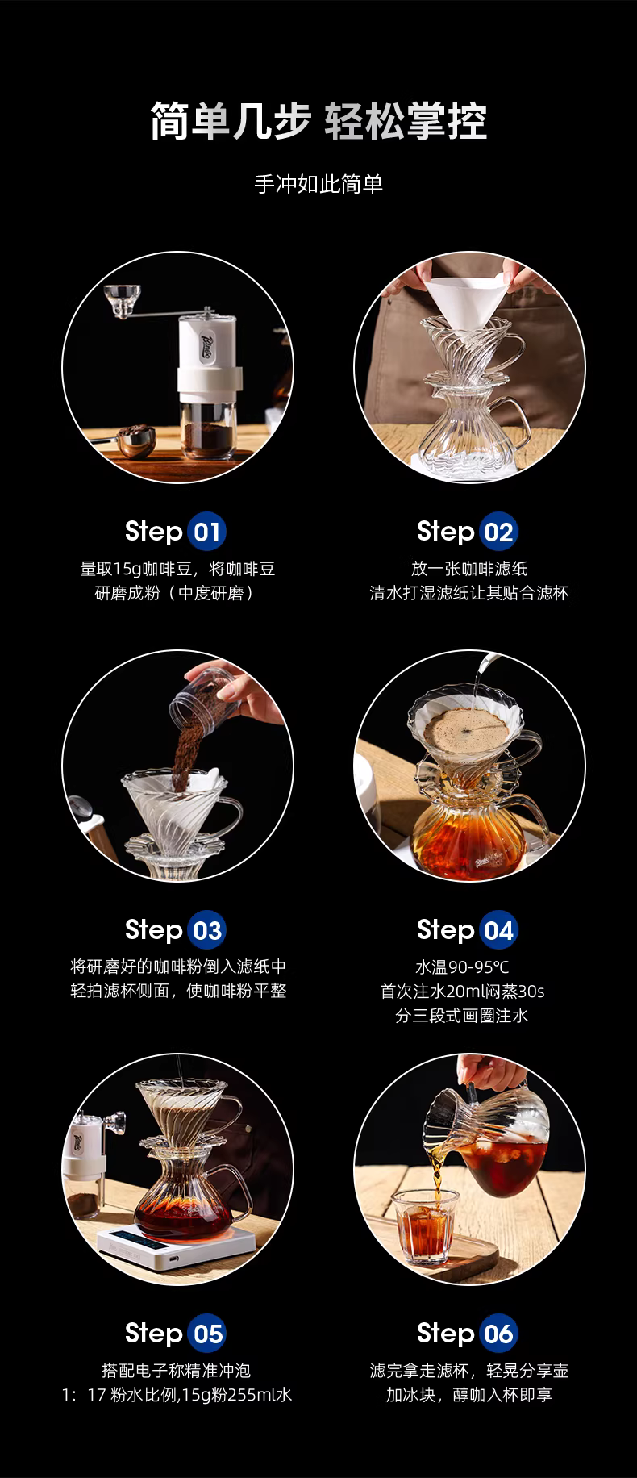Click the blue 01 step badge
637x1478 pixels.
[207, 532]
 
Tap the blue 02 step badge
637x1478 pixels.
[498, 532]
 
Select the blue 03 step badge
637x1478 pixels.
[207, 931]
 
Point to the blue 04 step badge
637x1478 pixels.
[498, 931]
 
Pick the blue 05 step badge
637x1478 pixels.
[207, 1334]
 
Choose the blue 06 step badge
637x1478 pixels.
[498, 1334]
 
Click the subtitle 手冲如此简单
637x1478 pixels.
[318, 184]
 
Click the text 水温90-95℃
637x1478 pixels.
[462, 967]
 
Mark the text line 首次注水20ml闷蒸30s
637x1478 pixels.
[462, 991]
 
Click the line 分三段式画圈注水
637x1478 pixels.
[462, 1016]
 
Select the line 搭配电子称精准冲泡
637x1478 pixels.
[177, 1370]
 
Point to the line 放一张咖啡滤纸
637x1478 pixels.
[469, 569]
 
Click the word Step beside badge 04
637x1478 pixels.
[445, 930]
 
